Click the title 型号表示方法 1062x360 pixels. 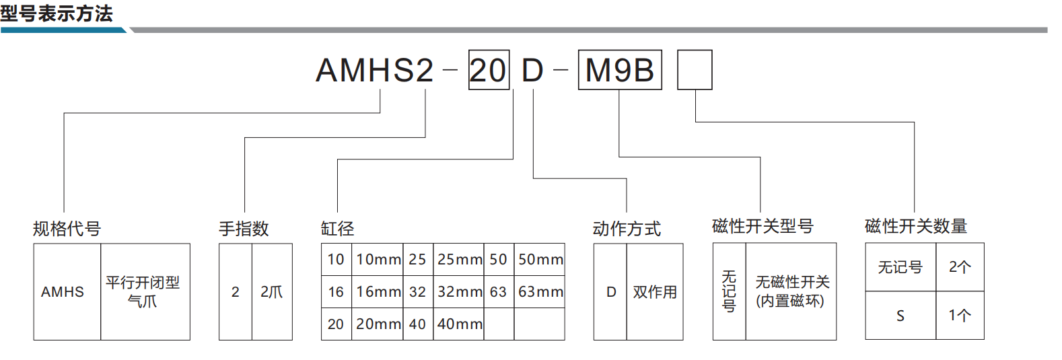(57, 13)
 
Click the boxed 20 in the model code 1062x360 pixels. (489, 70)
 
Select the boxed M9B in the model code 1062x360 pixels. (620, 70)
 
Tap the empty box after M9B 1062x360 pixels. (695, 70)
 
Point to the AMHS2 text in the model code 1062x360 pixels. (375, 70)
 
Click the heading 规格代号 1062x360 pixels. (67, 229)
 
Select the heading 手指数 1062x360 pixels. (244, 229)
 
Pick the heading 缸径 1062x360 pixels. (338, 229)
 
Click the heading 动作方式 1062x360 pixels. (627, 229)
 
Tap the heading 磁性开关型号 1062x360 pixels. (763, 226)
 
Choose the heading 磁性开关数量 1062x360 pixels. (916, 226)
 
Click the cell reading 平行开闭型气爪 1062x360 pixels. (145, 291)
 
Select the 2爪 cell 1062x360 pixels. (272, 291)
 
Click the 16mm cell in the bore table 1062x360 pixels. (378, 291)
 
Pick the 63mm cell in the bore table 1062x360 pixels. (540, 291)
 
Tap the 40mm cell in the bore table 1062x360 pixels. (458, 324)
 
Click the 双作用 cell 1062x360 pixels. (655, 291)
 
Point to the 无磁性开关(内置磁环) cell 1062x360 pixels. (791, 291)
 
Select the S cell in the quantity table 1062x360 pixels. (900, 316)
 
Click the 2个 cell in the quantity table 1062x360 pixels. (960, 267)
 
